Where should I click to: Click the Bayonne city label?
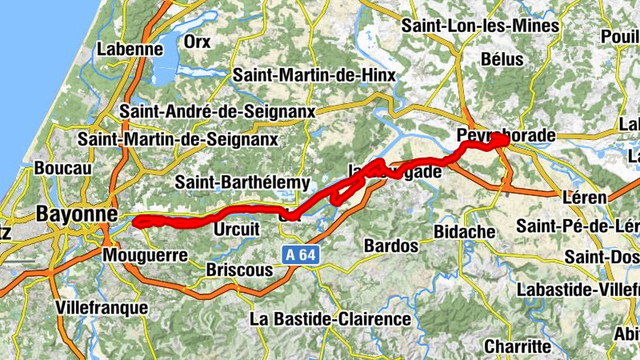coord(77,214)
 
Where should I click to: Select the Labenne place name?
coord(130,49)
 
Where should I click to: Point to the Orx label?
coord(197,42)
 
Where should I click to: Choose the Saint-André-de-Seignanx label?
coord(217,110)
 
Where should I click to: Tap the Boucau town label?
coord(64,169)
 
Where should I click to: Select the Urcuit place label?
coord(238,230)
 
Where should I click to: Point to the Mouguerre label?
coord(145,256)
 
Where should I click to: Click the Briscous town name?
coord(239,270)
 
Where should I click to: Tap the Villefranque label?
coord(102,306)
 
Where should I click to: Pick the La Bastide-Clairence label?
coord(330,319)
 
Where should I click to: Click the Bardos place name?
coord(390,245)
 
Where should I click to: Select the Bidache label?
coord(464,231)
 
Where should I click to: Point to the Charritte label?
coord(518,346)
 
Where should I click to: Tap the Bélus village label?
coord(503,59)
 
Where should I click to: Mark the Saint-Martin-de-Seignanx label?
coord(178,139)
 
